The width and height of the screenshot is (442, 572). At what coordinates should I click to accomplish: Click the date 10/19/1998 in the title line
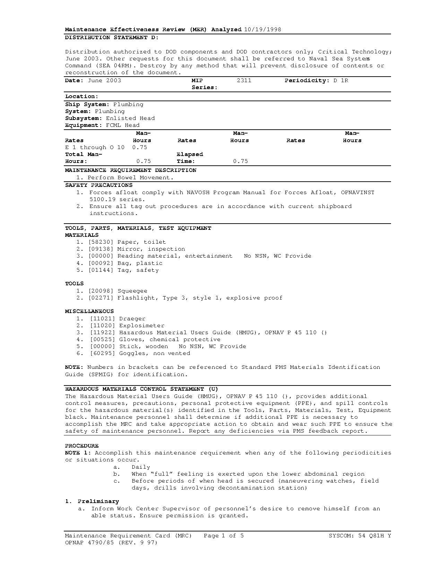click(262, 29)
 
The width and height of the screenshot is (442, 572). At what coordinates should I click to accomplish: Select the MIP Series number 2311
click(244, 80)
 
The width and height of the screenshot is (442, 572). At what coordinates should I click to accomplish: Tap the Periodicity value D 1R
click(340, 80)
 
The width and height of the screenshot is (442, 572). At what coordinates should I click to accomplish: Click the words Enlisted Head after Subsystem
click(130, 118)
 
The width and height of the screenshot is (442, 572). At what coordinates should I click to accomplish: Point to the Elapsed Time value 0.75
click(240, 161)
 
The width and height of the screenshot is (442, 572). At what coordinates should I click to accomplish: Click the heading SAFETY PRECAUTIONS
click(99, 185)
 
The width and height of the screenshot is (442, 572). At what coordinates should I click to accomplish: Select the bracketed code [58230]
click(101, 242)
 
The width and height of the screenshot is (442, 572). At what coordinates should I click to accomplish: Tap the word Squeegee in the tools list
click(132, 291)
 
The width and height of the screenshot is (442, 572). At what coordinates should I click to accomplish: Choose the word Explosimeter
click(141, 326)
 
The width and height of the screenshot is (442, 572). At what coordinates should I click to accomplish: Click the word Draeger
click(132, 319)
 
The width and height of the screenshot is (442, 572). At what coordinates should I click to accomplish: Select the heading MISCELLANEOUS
click(89, 311)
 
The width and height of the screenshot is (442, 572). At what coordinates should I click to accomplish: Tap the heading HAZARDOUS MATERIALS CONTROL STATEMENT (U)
click(141, 389)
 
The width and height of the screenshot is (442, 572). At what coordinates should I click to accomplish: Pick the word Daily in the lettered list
click(141, 467)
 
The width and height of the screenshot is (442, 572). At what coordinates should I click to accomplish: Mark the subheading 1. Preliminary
click(92, 501)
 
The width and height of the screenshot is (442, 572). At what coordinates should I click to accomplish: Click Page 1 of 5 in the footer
click(224, 536)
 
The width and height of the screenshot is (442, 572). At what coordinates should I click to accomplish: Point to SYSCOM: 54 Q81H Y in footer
click(359, 536)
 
